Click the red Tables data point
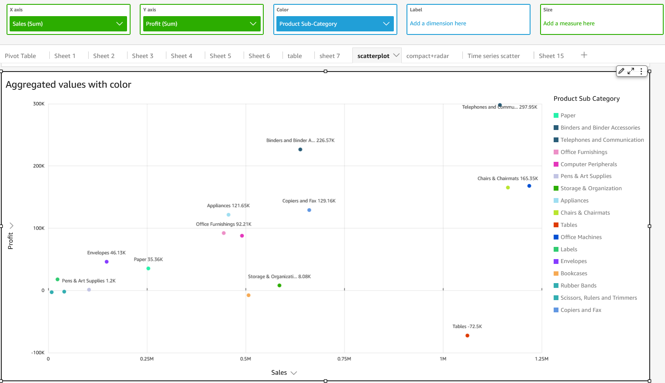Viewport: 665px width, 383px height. pos(467,335)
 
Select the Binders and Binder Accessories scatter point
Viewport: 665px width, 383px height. pos(300,150)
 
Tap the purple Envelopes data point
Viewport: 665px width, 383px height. pos(107,262)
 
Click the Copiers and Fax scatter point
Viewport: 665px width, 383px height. pos(309,210)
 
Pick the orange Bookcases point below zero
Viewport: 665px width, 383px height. pos(248,295)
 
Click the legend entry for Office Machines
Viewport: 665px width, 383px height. pos(581,237)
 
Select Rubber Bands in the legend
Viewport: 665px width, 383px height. pos(578,286)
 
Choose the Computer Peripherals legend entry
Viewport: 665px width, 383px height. pos(589,164)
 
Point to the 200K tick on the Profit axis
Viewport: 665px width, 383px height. pos(39,166)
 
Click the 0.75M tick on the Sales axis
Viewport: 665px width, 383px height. pos(344,359)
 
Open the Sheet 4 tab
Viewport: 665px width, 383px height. pos(181,56)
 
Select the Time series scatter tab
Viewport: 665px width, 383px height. pos(493,56)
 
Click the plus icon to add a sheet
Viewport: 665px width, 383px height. pos(584,55)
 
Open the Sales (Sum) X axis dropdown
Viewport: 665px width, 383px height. pos(68,24)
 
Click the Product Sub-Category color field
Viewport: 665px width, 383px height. pos(334,24)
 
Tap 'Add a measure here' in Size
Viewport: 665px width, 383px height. pos(569,24)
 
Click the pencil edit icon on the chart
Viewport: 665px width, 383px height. pos(621,71)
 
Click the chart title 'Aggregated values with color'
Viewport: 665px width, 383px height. pos(69,85)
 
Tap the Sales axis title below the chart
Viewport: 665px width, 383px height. pos(279,373)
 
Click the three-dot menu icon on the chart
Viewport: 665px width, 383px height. pos(641,71)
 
